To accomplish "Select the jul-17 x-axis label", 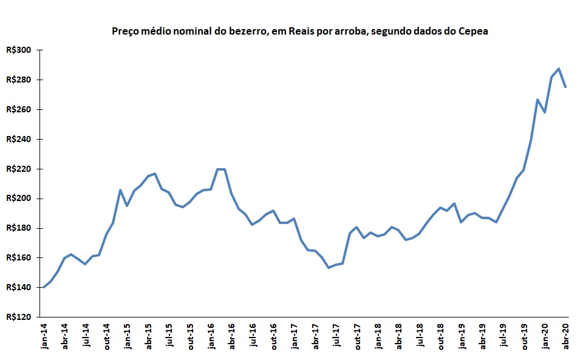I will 336,336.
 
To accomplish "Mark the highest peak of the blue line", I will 559,69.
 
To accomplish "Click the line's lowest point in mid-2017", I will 329,268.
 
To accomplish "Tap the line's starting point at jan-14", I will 44,287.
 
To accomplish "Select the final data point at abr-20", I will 565,87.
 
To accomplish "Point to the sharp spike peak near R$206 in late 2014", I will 120,190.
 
